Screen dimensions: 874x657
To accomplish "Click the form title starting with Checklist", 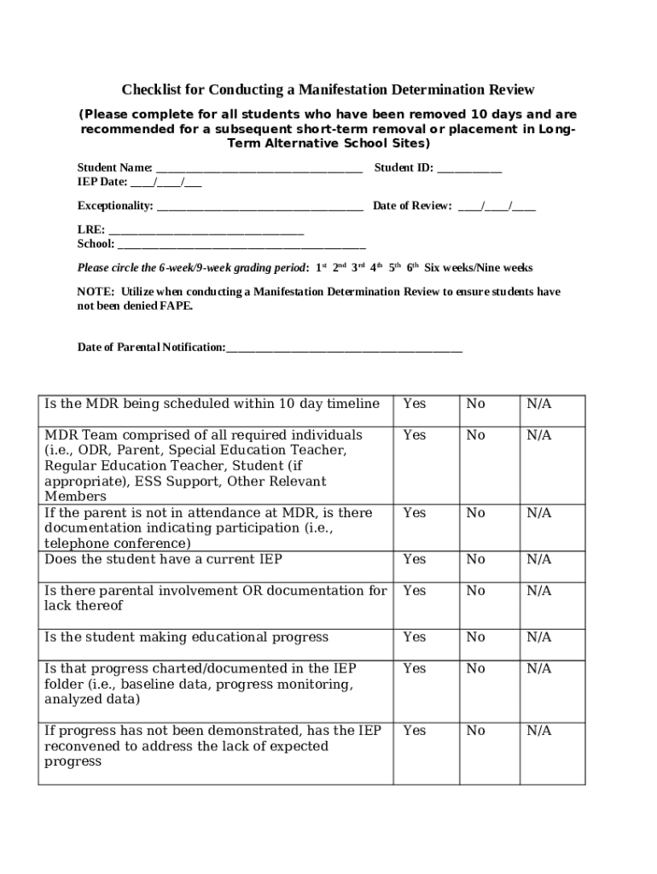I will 328,90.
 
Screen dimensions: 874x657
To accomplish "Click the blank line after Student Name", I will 259,169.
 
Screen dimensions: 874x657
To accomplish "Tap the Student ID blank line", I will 469,169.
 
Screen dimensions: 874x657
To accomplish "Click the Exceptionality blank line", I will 259,207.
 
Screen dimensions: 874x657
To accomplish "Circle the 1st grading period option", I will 321,267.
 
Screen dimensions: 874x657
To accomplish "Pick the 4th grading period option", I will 375,267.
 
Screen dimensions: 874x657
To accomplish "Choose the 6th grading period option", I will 413,267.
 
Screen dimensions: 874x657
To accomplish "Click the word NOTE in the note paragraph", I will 90,292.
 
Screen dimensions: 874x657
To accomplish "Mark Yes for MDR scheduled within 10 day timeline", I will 414,404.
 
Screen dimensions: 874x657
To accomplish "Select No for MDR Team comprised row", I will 475,435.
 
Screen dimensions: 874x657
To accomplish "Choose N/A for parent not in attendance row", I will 538,513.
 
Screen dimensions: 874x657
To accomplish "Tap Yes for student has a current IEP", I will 414,559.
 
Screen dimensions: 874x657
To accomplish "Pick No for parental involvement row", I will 475,591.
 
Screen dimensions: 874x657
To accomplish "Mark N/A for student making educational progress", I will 538,637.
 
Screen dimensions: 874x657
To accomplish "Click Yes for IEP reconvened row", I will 414,731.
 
